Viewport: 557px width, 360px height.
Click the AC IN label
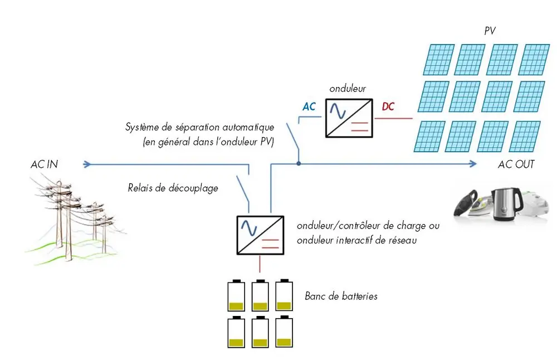[44, 164]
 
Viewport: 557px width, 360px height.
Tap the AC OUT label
[516, 164]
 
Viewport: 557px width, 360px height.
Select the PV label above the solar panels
[490, 32]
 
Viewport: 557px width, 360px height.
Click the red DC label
[388, 106]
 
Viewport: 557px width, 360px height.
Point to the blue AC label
[309, 106]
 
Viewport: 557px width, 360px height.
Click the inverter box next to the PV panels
[349, 118]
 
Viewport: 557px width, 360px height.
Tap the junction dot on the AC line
[299, 164]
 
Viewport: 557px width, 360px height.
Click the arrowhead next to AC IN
[86, 164]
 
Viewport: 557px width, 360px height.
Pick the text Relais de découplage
[173, 188]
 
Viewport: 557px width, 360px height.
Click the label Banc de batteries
[341, 296]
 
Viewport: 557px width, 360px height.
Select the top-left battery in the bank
[236, 295]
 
